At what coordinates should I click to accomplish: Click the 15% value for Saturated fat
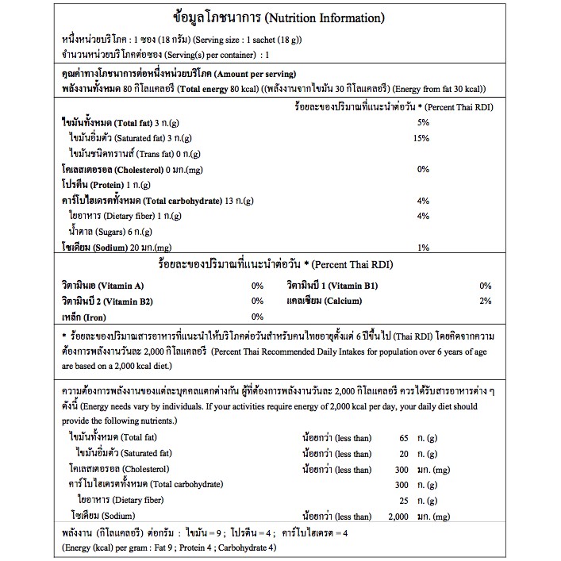[422, 138]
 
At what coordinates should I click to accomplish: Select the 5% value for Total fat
[422, 122]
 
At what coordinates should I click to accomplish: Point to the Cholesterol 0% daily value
[422, 169]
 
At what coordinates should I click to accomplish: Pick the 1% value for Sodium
[422, 247]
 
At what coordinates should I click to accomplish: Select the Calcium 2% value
[486, 301]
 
